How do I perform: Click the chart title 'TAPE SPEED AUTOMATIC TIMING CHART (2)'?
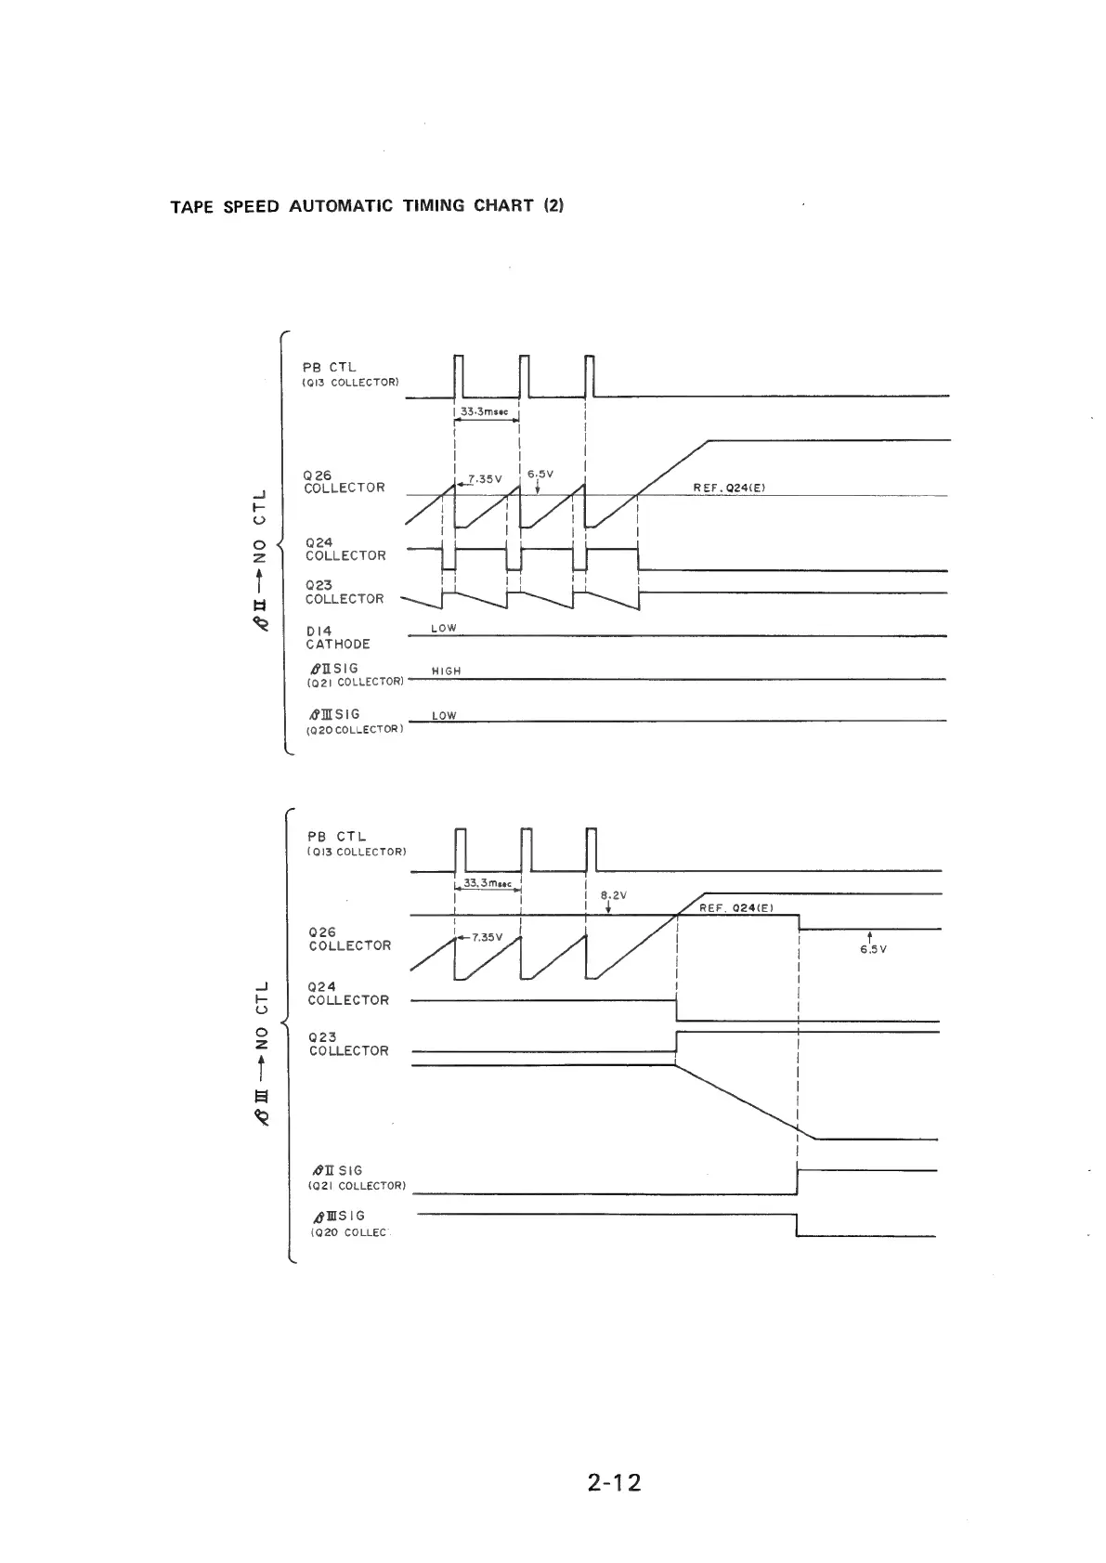pos(367,205)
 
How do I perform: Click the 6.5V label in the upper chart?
pos(540,474)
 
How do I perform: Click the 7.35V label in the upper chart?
pos(485,479)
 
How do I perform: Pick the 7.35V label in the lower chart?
pos(487,937)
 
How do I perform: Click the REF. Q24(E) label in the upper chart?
pos(729,488)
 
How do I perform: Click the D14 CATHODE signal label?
pos(338,637)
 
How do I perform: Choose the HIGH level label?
pos(447,671)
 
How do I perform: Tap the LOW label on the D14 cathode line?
pos(444,628)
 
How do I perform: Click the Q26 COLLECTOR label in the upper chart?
pos(344,481)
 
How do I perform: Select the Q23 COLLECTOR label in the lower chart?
pos(348,1044)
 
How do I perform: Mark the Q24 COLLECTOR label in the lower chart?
pos(348,993)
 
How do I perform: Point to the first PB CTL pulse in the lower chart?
pos(460,848)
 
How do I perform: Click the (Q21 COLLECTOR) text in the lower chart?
pos(358,1186)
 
